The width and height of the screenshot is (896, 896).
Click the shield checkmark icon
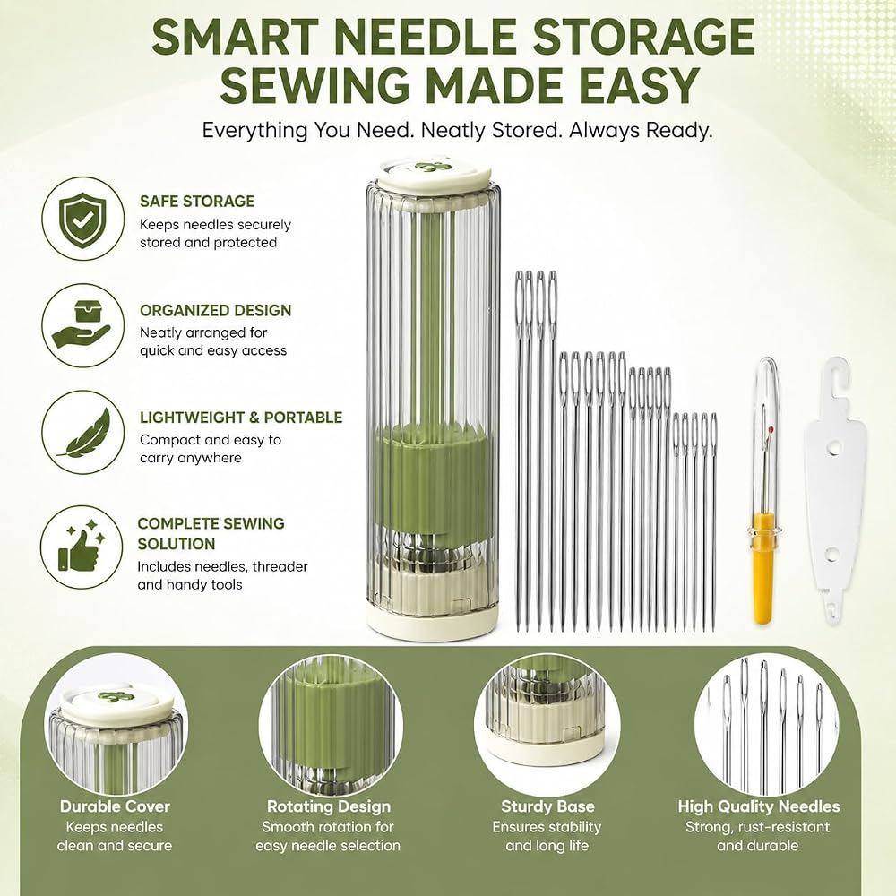82,219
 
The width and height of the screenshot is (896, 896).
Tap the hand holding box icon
82,325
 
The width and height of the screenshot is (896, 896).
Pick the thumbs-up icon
82,546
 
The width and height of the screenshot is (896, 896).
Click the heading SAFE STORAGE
197,201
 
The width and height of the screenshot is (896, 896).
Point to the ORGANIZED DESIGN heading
215,310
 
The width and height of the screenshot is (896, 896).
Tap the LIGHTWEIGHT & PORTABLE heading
241,418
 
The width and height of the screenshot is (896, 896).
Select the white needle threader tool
833,491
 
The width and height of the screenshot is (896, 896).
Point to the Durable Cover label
115,806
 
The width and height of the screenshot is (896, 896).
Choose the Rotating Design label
329,806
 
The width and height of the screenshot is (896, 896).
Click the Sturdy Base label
547,806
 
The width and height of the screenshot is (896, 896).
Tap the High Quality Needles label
758,806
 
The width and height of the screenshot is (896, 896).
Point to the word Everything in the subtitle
254,131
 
